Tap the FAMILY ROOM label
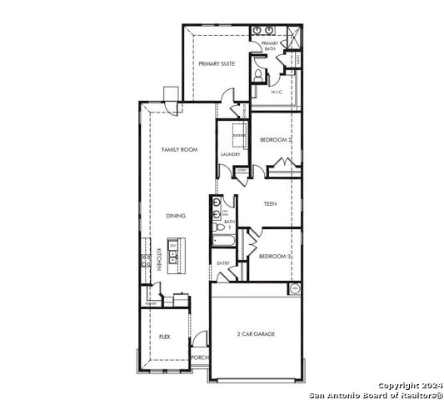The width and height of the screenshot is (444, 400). (179, 149)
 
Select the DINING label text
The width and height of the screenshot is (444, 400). (176, 216)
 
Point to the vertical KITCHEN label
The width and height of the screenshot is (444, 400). (159, 259)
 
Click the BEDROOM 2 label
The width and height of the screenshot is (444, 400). (274, 140)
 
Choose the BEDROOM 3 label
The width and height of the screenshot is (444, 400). (274, 257)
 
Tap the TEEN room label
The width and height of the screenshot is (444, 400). (270, 203)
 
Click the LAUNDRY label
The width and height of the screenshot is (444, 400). (231, 155)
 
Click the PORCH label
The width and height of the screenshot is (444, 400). (200, 357)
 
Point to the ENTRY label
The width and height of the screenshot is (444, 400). (223, 263)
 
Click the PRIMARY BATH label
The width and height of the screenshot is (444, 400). (270, 46)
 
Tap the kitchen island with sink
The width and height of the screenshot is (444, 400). (172, 250)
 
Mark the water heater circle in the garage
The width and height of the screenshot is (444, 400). (294, 288)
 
